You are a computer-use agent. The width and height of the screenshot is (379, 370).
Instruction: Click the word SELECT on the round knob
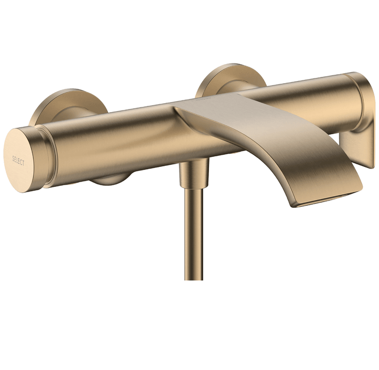pyautogui.click(x=18, y=161)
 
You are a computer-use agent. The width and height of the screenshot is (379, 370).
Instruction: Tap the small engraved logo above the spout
pyautogui.click(x=203, y=99)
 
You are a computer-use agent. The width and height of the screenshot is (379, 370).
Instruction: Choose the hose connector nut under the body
pyautogui.click(x=193, y=174)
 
